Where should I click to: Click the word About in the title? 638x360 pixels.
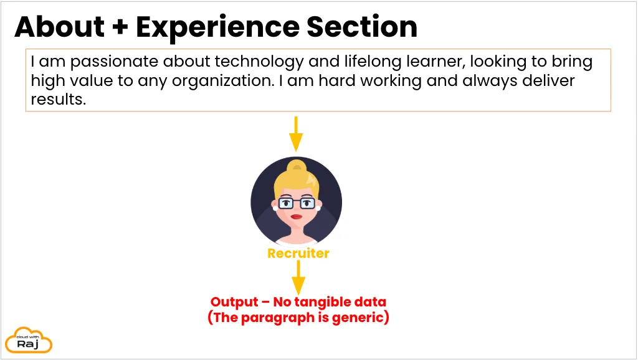tap(59, 27)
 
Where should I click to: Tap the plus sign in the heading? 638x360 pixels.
tap(120, 27)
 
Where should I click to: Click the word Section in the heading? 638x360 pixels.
tap(362, 27)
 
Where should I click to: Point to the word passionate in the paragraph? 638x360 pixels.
tap(114, 62)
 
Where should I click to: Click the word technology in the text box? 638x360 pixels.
tap(259, 62)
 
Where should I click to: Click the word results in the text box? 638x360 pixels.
tap(58, 99)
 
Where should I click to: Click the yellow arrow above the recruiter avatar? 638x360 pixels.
tap(296, 134)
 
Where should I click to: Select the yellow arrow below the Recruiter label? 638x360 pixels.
tap(298, 277)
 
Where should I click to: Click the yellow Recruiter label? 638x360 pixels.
tap(298, 253)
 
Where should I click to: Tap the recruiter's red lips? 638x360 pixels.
tap(296, 216)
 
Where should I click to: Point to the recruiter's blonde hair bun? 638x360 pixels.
tap(297, 166)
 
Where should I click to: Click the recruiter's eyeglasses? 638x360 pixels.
tap(297, 202)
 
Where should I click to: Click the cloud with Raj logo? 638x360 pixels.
tap(29, 340)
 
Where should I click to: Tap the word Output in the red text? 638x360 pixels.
tap(234, 302)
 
